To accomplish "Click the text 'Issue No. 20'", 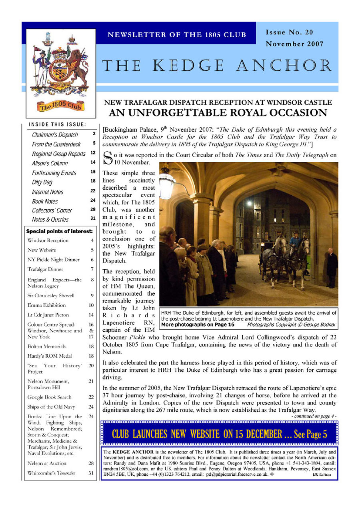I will [x=289, y=32].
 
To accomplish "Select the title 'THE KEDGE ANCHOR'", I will [x=217, y=66].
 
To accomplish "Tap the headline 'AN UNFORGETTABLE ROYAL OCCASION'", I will [x=218, y=112].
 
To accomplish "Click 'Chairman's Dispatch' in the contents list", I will [x=55, y=135].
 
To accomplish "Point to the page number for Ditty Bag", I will [x=92, y=181].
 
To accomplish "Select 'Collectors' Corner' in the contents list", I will [x=52, y=210].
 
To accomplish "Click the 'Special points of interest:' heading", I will [x=59, y=231].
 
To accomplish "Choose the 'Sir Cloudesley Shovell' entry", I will [x=51, y=296].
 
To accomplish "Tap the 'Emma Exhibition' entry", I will [x=46, y=305].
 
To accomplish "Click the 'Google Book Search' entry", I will [x=49, y=397].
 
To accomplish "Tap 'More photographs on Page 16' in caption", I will [x=198, y=325].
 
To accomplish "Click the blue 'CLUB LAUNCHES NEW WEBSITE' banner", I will [x=219, y=434].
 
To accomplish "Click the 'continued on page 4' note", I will [x=314, y=416].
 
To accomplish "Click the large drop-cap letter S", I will [x=107, y=158].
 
